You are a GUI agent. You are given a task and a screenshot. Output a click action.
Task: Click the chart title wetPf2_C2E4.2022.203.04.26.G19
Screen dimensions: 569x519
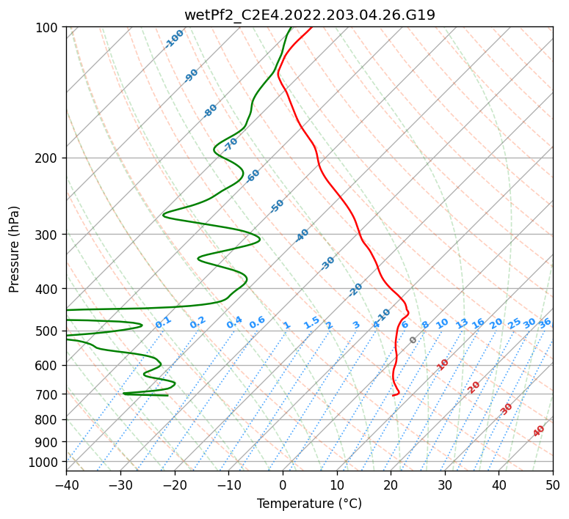tap(310, 15)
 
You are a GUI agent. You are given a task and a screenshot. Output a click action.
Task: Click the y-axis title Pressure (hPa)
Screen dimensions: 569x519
tap(14, 249)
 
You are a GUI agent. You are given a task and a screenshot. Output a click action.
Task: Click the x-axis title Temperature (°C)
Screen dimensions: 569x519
tap(310, 504)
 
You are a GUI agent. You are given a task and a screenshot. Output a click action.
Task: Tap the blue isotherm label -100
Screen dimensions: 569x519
tap(174, 39)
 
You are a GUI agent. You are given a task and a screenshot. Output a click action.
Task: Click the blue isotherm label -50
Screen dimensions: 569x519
tap(277, 206)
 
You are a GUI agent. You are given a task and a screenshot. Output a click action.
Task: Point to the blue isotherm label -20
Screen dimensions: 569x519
tap(355, 290)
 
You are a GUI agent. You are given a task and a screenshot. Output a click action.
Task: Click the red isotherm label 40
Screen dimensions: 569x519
tap(538, 431)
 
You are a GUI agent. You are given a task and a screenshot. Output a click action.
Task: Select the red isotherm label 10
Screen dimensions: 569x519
tap(443, 364)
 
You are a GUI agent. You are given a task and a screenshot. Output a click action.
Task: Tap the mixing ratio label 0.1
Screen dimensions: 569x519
tap(163, 323)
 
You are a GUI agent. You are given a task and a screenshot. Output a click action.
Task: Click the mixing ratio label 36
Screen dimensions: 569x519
tap(545, 323)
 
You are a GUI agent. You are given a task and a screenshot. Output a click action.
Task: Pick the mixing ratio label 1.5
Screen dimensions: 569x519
tap(311, 323)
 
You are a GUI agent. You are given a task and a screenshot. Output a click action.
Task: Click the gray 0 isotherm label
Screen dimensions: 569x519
tap(413, 340)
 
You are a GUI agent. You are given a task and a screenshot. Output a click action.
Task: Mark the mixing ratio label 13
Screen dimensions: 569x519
tap(462, 323)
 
